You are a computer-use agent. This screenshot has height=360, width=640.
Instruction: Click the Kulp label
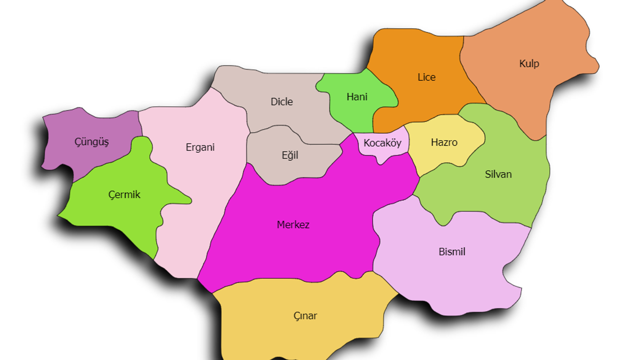tap(529, 64)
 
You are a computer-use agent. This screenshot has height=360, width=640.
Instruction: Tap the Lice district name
tap(426, 77)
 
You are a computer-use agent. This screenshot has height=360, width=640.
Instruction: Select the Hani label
tap(357, 97)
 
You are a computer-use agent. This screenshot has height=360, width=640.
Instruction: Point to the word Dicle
tap(281, 102)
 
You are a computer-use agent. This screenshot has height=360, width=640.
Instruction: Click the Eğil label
tap(290, 155)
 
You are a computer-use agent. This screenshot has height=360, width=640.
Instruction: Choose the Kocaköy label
tap(382, 143)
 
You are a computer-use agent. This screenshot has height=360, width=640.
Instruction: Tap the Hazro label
tap(444, 142)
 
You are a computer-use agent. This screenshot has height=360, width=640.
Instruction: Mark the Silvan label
tap(498, 174)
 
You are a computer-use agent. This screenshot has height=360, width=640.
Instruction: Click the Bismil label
tap(452, 252)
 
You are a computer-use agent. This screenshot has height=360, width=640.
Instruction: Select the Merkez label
tap(293, 225)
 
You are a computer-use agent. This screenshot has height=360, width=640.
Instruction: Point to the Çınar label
tap(305, 316)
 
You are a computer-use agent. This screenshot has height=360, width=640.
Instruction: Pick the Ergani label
tap(200, 147)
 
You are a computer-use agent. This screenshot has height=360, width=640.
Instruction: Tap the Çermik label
tap(124, 195)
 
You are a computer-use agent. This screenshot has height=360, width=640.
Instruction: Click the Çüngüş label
tap(91, 142)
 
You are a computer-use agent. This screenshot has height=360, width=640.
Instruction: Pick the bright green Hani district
tap(350, 112)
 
